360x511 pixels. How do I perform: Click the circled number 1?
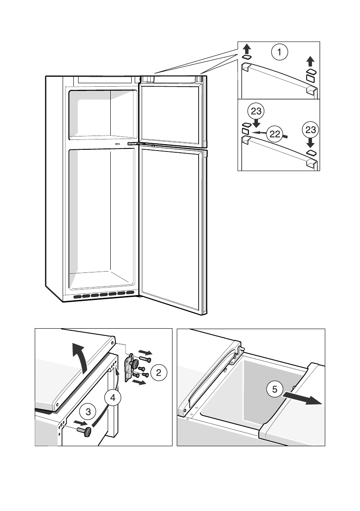pos(279,53)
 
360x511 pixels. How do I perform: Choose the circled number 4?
pos(112,398)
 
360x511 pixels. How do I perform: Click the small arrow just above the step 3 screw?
pos(79,424)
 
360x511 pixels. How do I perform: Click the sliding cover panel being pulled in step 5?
pos(292,412)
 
